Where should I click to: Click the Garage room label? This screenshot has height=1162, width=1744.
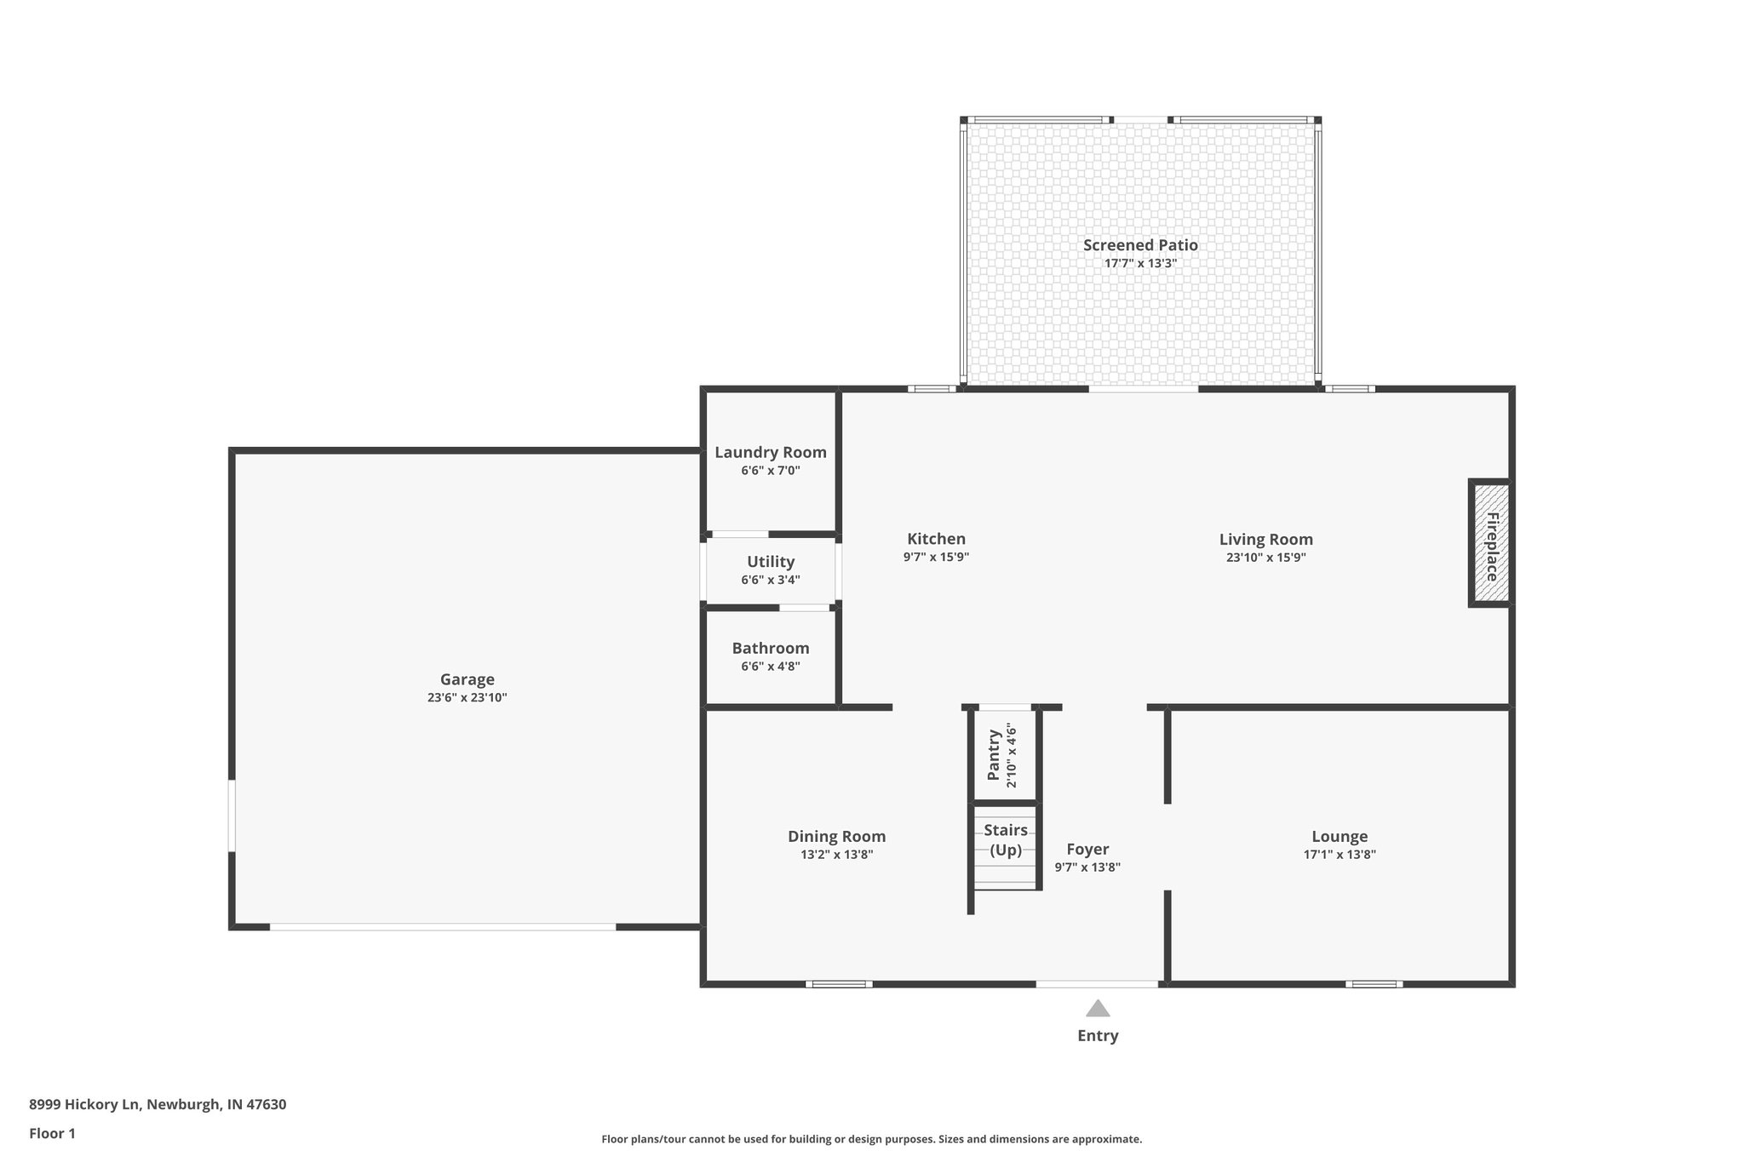click(467, 679)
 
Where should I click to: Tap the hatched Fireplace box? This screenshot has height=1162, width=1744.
click(1490, 544)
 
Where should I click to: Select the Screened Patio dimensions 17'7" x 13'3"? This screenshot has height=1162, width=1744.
click(1140, 264)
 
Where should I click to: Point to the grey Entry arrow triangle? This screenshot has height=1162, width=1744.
click(1098, 1009)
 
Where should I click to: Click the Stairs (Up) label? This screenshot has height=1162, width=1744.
click(1006, 839)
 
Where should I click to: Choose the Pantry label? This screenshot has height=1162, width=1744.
click(994, 754)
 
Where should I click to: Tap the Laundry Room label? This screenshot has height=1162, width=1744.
click(770, 452)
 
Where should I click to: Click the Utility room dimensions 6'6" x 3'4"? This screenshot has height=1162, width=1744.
click(770, 581)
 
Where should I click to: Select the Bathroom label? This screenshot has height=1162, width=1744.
click(770, 648)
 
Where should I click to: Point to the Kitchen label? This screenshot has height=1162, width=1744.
click(936, 539)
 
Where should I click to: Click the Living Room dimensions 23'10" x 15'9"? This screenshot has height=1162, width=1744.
click(1265, 558)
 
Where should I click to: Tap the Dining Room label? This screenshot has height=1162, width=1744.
click(836, 836)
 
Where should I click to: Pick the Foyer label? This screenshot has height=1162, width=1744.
click(1087, 849)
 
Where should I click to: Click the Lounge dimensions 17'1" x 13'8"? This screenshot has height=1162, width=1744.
click(1339, 855)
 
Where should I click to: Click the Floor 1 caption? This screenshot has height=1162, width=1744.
click(52, 1133)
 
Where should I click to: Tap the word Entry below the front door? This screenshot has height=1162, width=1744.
click(1098, 1036)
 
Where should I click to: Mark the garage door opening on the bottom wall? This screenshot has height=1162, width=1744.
click(443, 926)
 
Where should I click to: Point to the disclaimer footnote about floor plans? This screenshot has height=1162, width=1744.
click(871, 1139)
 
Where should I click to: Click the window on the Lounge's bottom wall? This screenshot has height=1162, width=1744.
click(1374, 984)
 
